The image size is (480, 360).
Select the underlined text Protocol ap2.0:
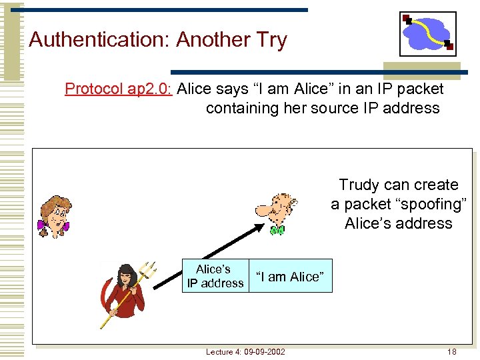coord(119,89)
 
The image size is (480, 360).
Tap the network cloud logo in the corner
coord(427,33)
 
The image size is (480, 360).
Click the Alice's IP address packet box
coord(215,276)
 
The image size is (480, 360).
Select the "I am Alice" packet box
coord(290,276)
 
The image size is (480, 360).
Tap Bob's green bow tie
coord(277,230)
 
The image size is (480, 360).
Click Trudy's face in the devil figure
coord(125,277)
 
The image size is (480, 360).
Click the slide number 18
coord(451,351)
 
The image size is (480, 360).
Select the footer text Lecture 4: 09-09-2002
coord(245,351)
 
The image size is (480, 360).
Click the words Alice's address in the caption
coord(398,223)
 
